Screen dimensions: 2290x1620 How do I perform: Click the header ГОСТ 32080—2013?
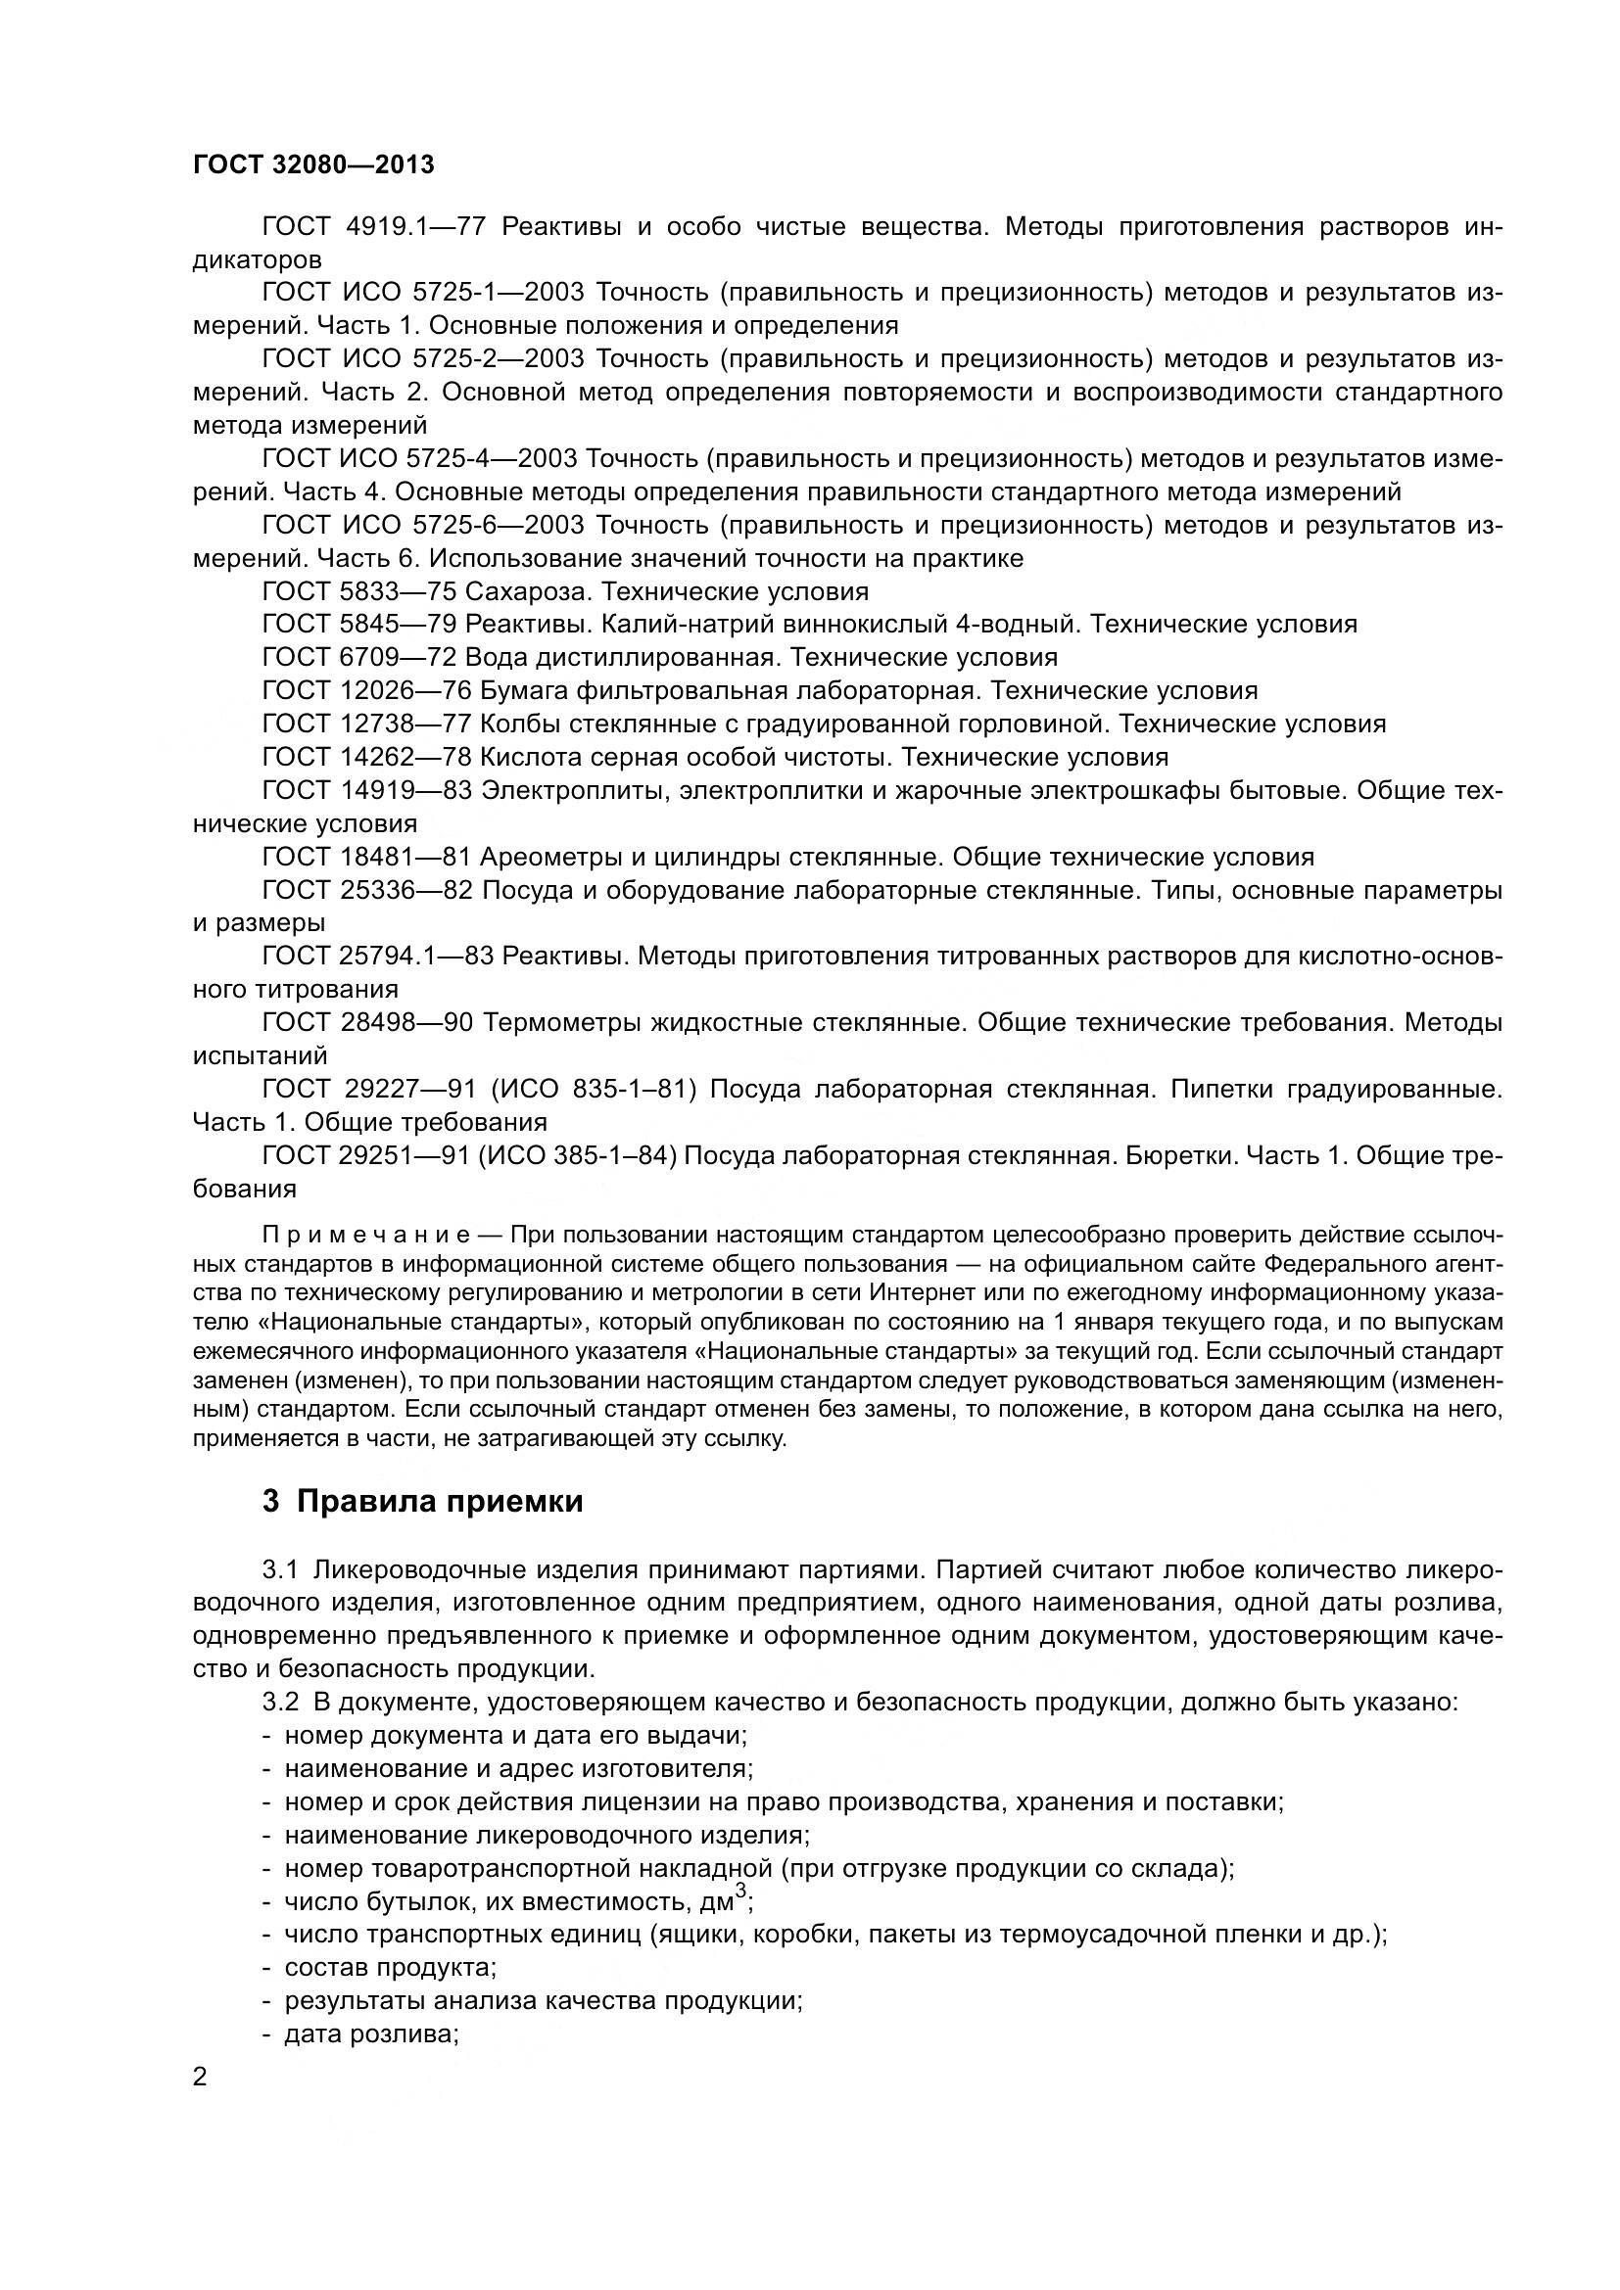pos(313,164)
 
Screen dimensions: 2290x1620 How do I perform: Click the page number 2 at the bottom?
pos(201,2078)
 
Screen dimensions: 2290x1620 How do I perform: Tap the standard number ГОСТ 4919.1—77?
pos(373,227)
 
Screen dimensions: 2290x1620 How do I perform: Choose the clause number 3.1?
pos(280,1568)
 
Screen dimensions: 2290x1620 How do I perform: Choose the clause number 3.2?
pos(280,1702)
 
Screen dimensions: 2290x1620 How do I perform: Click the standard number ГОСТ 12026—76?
pos(366,690)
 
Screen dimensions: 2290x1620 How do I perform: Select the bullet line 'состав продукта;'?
pos(390,1968)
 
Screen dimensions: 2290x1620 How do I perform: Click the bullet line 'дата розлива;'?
pos(370,2033)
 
